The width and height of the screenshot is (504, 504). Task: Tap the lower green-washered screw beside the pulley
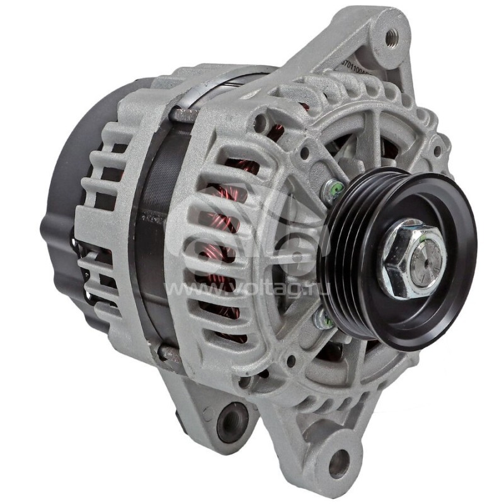point(323,320)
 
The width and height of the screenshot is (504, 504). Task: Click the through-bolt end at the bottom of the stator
point(169,353)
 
